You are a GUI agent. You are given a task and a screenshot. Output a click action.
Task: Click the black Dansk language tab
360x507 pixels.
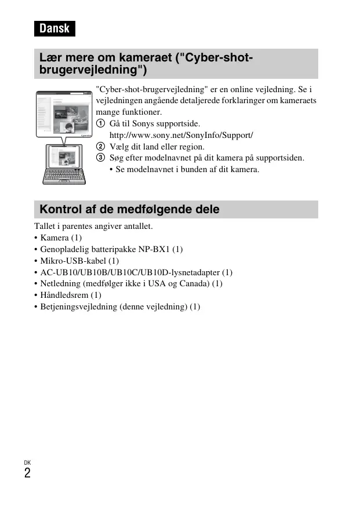click(54, 28)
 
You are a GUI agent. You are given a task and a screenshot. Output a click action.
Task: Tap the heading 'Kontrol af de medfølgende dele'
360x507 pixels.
click(129, 209)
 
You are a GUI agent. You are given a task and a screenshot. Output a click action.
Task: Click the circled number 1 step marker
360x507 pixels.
click(101, 124)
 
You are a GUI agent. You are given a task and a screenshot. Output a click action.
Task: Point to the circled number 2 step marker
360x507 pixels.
click(101, 147)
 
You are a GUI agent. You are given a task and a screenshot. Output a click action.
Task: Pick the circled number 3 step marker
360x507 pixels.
click(101, 158)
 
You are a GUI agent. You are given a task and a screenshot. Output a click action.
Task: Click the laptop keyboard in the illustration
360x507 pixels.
click(64, 175)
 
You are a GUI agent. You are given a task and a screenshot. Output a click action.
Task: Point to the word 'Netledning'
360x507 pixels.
click(59, 284)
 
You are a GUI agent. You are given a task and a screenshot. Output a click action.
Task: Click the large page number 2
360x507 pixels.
click(27, 473)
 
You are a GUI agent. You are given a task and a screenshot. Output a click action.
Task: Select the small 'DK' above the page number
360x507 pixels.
click(27, 462)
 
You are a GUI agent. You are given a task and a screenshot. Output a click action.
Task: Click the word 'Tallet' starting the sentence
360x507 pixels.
click(46, 227)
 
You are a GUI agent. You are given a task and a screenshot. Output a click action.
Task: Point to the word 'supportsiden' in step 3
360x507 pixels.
click(281, 158)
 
